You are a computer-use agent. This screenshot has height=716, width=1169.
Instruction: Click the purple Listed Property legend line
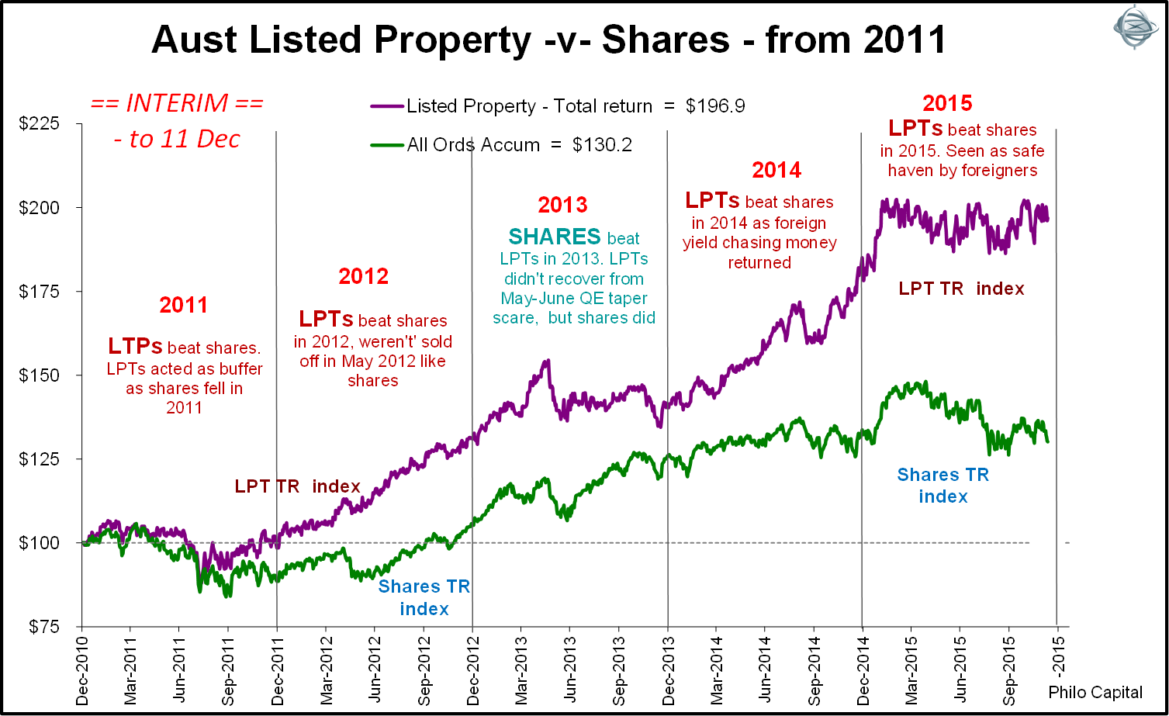point(387,105)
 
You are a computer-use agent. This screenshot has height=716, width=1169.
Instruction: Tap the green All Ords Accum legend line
point(387,144)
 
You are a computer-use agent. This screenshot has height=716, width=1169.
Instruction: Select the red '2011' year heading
point(184,306)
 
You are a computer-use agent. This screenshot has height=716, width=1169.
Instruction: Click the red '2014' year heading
point(776,170)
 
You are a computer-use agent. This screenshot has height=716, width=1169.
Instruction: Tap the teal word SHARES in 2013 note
point(555,237)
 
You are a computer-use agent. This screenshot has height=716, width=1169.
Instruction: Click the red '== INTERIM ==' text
point(176,103)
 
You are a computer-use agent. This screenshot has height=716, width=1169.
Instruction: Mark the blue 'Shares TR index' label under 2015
point(943,486)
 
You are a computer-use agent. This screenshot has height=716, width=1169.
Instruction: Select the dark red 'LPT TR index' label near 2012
point(297,487)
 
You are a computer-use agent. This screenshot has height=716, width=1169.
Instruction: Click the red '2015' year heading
point(947,102)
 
